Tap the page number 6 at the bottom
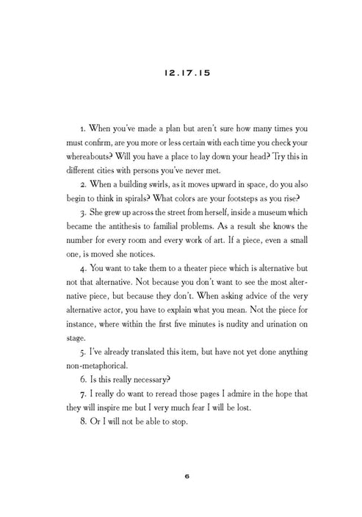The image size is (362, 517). tap(181, 476)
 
